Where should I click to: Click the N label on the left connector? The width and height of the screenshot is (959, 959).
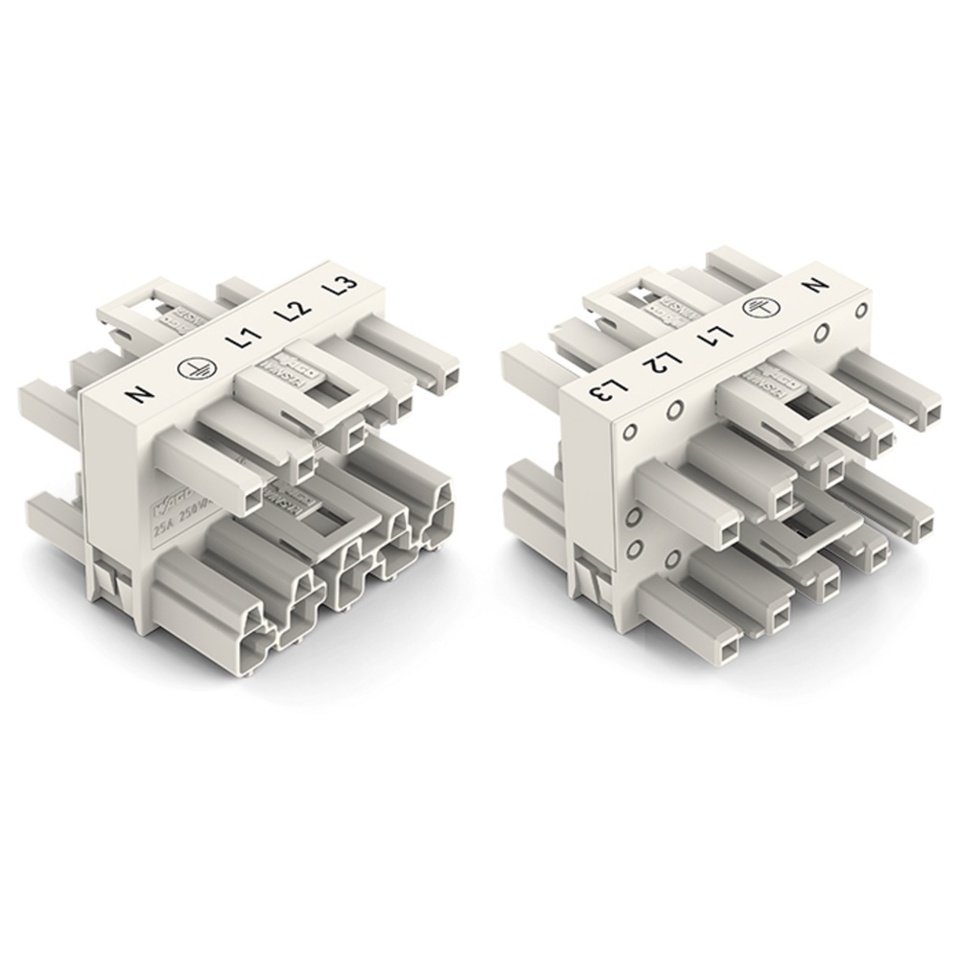[x=133, y=392]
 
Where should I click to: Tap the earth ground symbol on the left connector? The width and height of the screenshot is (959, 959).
[x=188, y=367]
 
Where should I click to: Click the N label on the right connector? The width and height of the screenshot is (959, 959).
[x=817, y=286]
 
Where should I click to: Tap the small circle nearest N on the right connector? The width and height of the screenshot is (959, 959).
[x=860, y=310]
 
